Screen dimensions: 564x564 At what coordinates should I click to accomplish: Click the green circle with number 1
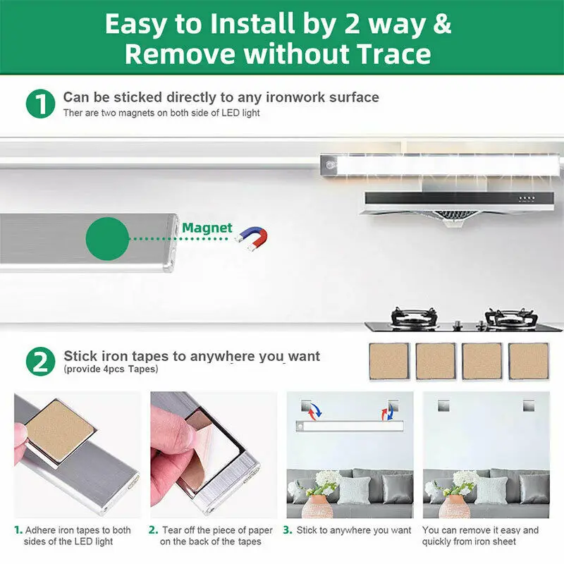[41, 104]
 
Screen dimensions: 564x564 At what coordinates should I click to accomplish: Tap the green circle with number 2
[41, 362]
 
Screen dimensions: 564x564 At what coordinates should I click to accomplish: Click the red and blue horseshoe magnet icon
[252, 238]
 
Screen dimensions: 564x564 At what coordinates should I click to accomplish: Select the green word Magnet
[207, 228]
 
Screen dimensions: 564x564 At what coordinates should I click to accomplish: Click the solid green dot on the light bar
[107, 238]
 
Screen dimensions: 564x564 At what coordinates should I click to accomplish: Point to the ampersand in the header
[442, 23]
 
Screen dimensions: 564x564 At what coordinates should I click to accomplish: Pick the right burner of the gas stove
[510, 318]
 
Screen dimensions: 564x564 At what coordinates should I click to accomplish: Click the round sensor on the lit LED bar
[330, 165]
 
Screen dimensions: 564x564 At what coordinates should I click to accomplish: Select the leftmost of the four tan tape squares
[390, 362]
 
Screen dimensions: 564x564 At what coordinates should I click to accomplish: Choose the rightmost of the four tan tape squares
[528, 362]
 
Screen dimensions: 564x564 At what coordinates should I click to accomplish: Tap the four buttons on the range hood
[527, 199]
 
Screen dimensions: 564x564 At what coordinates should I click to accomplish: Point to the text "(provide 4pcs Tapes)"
[111, 369]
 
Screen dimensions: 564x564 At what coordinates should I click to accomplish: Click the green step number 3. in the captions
[288, 530]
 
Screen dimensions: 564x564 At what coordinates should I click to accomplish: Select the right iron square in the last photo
[528, 406]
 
